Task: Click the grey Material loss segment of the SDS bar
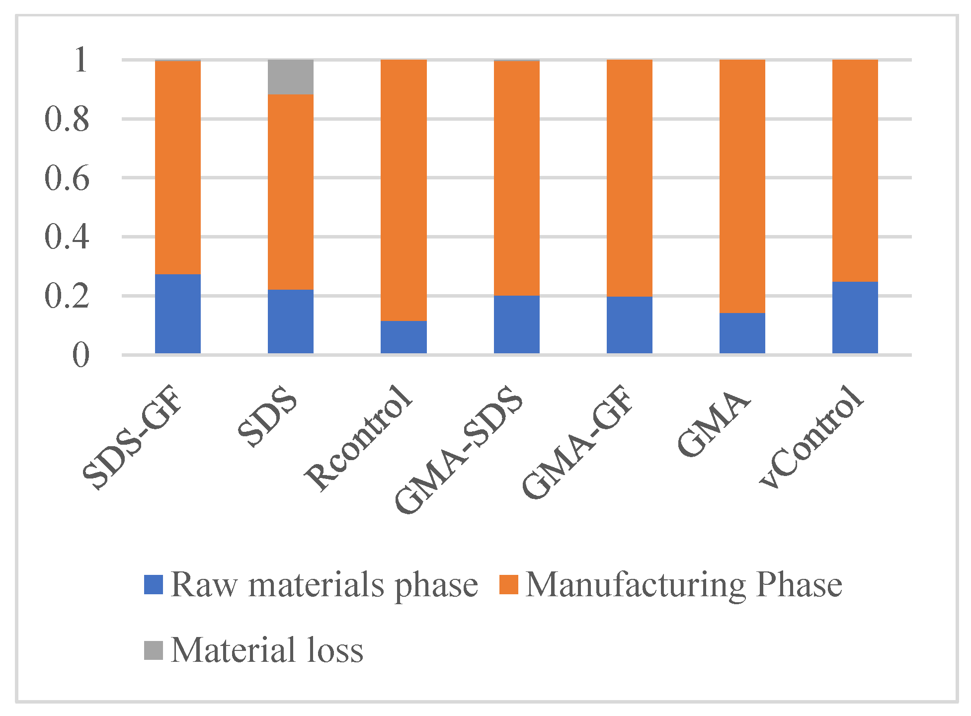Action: tap(290, 77)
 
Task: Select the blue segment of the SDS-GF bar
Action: tap(177, 314)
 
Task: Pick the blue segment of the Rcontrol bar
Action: tap(403, 337)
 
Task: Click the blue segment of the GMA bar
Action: tap(742, 333)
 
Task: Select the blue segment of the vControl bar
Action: tap(855, 318)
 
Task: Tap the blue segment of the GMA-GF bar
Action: tap(629, 325)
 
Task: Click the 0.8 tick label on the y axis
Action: tap(67, 120)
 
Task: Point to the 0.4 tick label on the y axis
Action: tap(67, 238)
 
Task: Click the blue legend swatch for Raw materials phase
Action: tap(153, 584)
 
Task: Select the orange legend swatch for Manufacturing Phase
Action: tap(508, 584)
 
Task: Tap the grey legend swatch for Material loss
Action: tap(153, 650)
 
